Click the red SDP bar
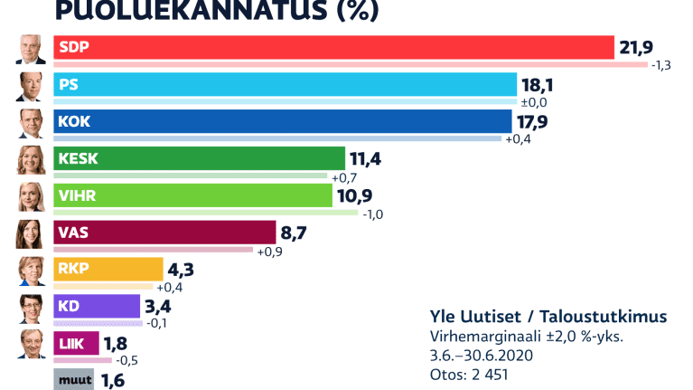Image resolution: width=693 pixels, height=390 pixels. [x=334, y=47]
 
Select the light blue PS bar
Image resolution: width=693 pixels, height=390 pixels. [x=286, y=84]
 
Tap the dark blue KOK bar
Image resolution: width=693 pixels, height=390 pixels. [x=283, y=121]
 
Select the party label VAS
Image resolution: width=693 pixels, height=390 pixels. [x=73, y=233]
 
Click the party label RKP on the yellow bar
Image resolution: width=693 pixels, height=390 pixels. [x=73, y=270]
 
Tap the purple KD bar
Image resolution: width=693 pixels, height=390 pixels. [x=97, y=307]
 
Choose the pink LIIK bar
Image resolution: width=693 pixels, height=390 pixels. [x=76, y=344]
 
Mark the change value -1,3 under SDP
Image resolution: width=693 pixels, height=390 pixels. [x=665, y=65]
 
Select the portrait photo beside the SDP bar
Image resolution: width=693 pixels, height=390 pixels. [x=32, y=50]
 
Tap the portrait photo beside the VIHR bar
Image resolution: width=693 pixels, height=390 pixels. [x=32, y=197]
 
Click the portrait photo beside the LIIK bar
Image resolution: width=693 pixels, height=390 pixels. [x=32, y=345]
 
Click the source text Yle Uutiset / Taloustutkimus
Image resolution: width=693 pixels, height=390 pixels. [x=548, y=317]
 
